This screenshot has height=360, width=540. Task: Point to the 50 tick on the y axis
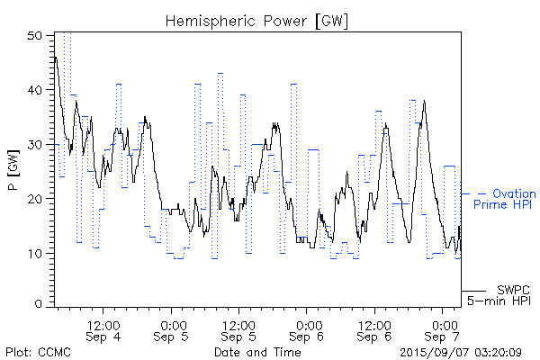coord(35,35)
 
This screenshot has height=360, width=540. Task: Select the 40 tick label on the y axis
coord(35,90)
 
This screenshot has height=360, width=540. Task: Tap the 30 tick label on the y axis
coord(35,145)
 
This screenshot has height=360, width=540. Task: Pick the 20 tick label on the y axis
coord(35,199)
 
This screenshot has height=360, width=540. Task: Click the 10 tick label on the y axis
coord(35,254)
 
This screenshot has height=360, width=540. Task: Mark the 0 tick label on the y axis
coord(39,303)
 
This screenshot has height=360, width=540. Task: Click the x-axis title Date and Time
coord(258,351)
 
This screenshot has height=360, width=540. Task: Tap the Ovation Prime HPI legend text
coord(504,199)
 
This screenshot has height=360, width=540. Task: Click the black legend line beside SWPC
coord(472,291)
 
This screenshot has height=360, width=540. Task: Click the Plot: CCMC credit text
coord(35,351)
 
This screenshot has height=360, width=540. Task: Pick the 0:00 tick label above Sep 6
coord(309,323)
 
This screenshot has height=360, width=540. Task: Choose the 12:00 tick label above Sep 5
coord(238,323)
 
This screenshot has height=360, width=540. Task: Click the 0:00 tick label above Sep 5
coord(173,323)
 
